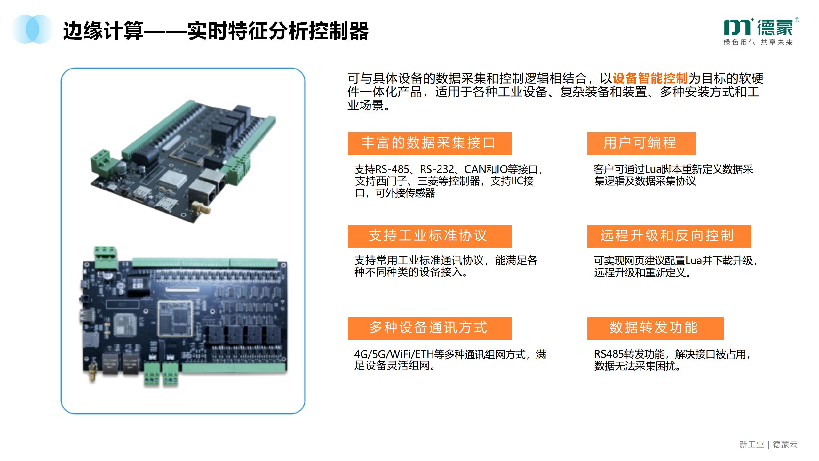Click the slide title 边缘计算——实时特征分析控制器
point(216,31)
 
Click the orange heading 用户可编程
point(641,143)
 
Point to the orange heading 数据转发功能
point(655,328)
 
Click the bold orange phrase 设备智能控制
point(650,78)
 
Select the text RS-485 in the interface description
point(392,169)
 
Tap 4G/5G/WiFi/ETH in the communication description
point(394,355)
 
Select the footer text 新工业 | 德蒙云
point(768,444)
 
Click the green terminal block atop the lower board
point(106,258)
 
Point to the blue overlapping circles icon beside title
point(32,29)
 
